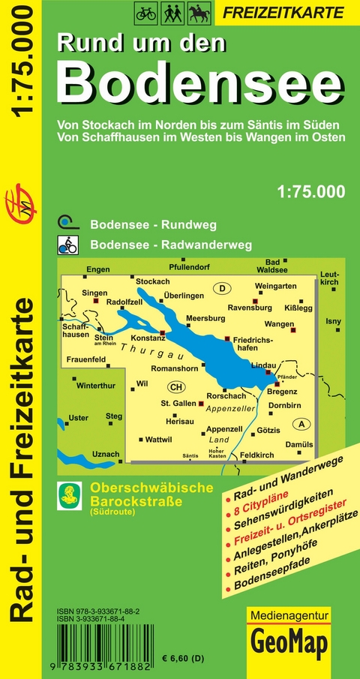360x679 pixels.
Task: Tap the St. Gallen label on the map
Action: [x=178, y=403]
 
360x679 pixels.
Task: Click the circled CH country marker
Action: [x=175, y=387]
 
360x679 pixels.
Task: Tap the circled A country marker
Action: [x=302, y=424]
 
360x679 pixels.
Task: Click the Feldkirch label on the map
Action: [x=257, y=455]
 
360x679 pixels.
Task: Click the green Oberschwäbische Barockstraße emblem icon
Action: [x=70, y=494]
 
